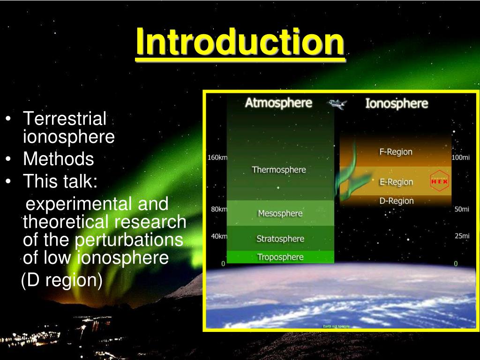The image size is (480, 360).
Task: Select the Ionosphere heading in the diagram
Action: (397, 104)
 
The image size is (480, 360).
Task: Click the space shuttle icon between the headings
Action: (337, 104)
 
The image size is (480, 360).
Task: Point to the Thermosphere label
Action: (279, 170)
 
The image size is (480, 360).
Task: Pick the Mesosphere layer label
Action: (280, 213)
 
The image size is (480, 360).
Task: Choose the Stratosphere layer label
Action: (280, 239)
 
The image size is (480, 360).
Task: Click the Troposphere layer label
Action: (280, 257)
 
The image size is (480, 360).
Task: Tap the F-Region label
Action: (396, 152)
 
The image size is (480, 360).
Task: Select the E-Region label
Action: (396, 182)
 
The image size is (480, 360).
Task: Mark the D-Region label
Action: (396, 201)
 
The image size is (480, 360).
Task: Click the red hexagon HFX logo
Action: (439, 180)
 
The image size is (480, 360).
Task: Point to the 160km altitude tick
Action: (217, 157)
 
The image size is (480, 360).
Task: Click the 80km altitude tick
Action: (218, 209)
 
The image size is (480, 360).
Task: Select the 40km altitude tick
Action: (218, 236)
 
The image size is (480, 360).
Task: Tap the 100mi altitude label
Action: (460, 157)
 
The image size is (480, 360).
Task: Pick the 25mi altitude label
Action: (462, 236)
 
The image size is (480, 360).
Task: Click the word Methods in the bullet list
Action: (59, 159)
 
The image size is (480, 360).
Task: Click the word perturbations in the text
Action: (129, 240)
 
